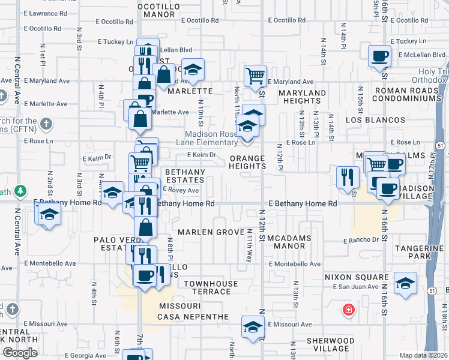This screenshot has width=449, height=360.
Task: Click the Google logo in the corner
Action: click(20, 352)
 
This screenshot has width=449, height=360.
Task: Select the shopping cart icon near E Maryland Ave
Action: click(255, 76)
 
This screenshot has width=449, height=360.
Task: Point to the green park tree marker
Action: click(20, 191)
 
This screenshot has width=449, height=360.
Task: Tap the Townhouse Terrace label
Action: click(211, 287)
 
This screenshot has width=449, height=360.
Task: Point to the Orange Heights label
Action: click(247, 163)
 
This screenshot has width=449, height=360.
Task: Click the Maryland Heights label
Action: click(304, 97)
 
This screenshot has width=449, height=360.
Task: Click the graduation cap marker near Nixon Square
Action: click(406, 284)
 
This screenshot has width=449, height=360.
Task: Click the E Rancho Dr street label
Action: click(363, 241)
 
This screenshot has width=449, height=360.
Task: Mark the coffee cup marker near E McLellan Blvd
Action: click(379, 56)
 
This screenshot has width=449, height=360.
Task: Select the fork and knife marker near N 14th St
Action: click(348, 177)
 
